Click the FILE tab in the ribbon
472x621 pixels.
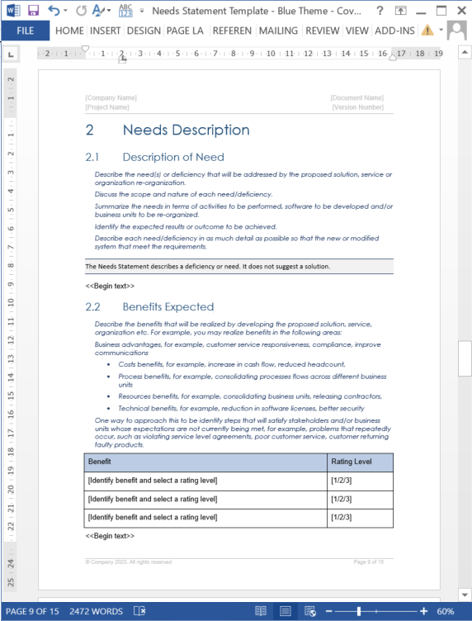[x=25, y=31]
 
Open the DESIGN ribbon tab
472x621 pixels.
[x=144, y=31]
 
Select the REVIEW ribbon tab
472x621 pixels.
[x=322, y=31]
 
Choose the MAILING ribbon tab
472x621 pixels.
[x=278, y=31]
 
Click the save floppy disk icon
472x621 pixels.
[x=34, y=11]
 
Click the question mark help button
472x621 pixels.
[x=379, y=11]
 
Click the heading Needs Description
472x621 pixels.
[x=186, y=130]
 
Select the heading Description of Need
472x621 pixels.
[x=172, y=157]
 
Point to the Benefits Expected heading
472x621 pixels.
[x=168, y=306]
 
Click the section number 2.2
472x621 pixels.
[x=92, y=306]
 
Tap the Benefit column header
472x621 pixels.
[x=100, y=462]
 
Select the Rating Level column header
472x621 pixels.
[x=351, y=462]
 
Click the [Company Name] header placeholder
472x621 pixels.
[x=111, y=98]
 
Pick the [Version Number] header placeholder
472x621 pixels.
[x=357, y=107]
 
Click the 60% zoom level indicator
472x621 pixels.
[x=445, y=612]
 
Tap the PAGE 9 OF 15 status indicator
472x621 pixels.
[x=32, y=612]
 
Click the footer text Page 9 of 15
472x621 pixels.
[x=369, y=562]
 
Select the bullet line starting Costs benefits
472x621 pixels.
[x=231, y=364]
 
